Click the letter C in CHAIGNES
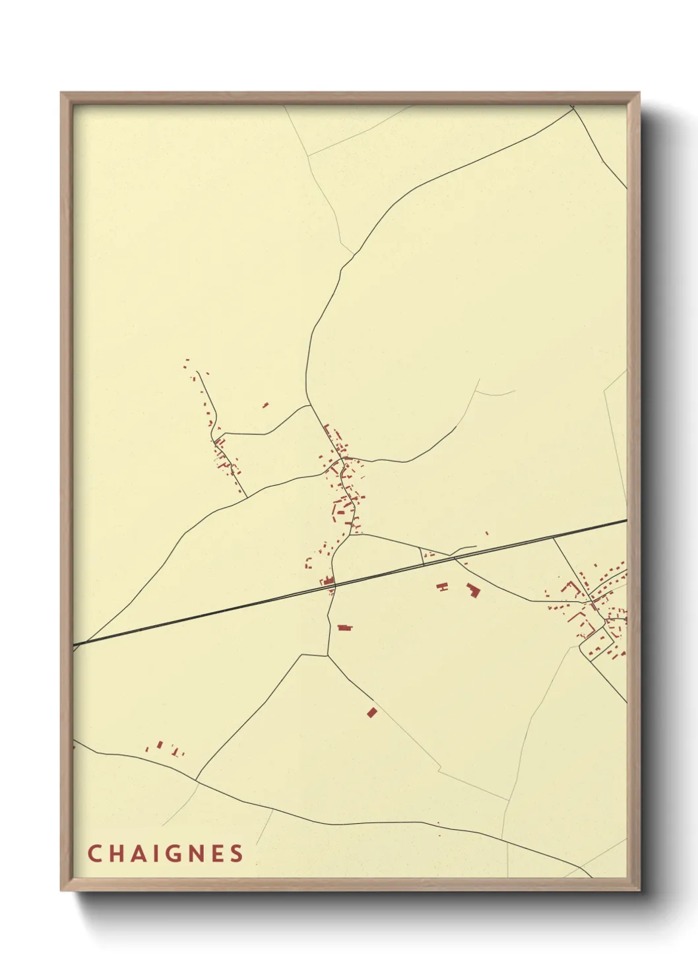coord(94,854)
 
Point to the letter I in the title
coord(154,854)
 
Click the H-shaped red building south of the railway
coord(442,586)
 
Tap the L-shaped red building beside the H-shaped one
coord(472,590)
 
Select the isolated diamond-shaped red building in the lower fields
coord(371,712)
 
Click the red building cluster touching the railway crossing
coord(327,581)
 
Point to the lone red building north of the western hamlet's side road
coord(265,405)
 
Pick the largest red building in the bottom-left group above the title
coord(160,745)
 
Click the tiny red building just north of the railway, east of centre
coord(487,533)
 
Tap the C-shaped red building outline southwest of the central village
coord(308,563)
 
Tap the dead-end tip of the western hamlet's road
coord(198,373)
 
